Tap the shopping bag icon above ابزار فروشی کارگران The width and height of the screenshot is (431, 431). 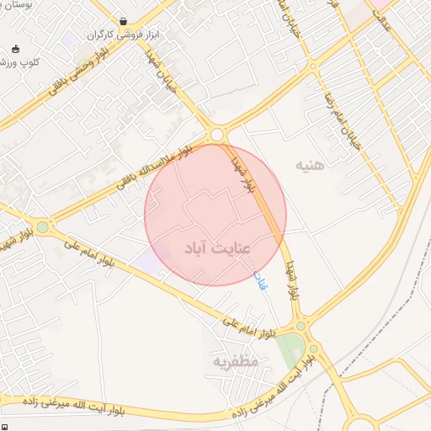[x=125, y=20]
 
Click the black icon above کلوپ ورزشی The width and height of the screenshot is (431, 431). [x=15, y=48]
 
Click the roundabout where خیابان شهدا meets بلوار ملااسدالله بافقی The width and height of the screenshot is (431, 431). [x=218, y=135]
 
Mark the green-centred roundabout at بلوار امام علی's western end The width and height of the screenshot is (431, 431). [x=42, y=226]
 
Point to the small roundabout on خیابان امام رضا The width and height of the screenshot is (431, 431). [x=313, y=66]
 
